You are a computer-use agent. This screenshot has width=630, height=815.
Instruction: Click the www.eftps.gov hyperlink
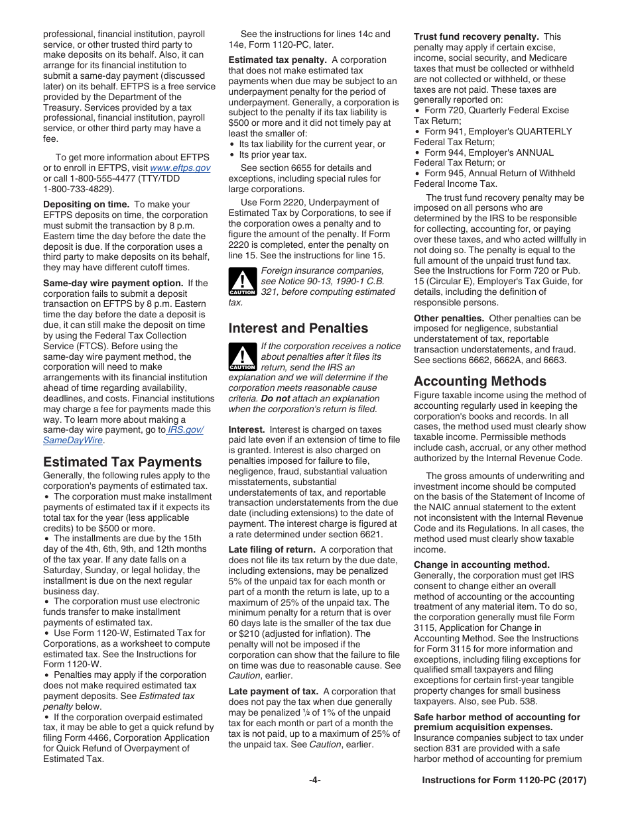[180, 168]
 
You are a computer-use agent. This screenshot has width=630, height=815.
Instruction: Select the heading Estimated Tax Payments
[122, 462]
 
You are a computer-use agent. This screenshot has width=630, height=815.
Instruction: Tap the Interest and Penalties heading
[298, 328]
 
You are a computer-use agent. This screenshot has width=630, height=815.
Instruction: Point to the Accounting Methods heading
[480, 381]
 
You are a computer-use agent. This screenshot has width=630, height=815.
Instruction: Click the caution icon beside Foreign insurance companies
[242, 282]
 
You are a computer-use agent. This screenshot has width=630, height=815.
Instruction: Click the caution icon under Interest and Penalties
[242, 357]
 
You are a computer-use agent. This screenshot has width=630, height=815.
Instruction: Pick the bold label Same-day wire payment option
[113, 283]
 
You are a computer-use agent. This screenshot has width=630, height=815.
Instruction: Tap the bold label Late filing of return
[272, 549]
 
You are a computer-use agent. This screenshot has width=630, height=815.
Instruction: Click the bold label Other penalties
[449, 318]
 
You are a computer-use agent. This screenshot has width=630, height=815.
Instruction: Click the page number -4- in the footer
[314, 781]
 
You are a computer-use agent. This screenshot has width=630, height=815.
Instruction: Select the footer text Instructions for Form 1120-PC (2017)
[504, 781]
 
